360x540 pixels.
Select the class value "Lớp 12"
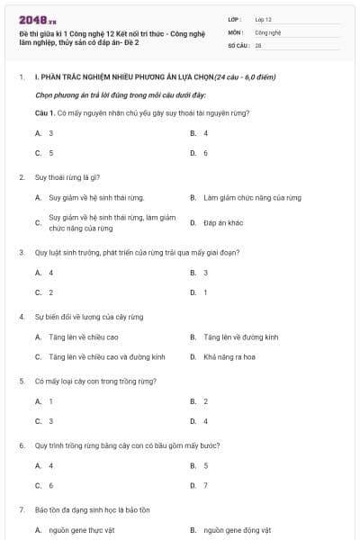[x=263, y=18]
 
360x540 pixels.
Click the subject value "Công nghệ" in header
[x=268, y=31]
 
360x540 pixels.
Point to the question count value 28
[x=258, y=44]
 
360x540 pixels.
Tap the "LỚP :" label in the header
[x=235, y=18]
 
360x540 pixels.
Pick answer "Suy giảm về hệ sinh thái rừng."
[x=96, y=197]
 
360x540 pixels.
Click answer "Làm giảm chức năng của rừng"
[x=252, y=197]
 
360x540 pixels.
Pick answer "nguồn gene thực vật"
[x=82, y=530]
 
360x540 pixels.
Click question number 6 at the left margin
[x=22, y=445]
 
